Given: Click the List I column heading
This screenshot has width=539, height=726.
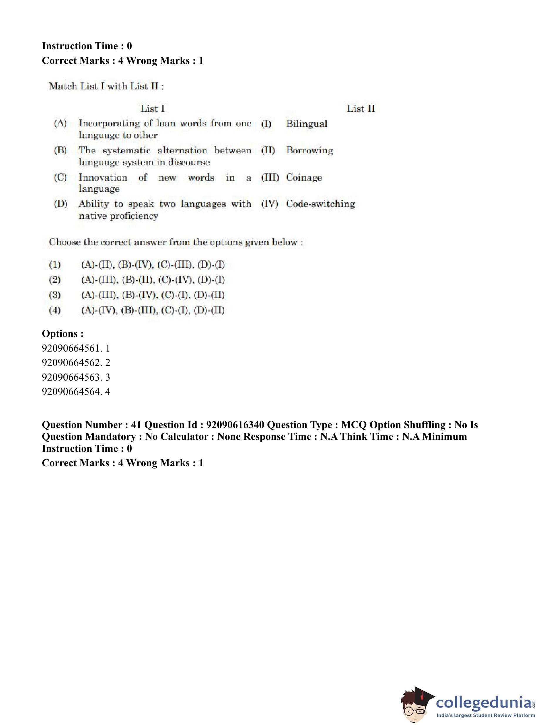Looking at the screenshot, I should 152,108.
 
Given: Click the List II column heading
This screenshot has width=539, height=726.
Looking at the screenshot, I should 361,108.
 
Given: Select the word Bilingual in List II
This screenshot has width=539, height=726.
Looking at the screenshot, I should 306,124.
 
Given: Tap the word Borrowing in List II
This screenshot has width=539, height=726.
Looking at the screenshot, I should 309,150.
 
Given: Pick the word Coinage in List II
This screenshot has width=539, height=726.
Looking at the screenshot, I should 304,178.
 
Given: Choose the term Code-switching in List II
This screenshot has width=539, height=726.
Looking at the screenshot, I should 320,204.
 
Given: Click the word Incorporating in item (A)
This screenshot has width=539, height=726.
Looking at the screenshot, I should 109,124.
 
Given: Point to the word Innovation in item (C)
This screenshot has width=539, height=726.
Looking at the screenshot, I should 103,178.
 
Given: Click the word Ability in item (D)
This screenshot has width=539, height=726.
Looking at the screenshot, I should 94,204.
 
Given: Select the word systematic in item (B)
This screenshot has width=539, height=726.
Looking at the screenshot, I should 126,150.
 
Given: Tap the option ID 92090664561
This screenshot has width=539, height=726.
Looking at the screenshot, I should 71,348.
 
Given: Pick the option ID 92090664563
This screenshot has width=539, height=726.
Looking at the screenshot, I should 71,377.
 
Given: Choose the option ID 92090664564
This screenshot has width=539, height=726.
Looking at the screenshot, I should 71,391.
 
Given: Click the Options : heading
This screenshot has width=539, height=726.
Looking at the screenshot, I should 63,334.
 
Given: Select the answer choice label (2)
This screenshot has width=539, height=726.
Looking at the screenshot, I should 55,280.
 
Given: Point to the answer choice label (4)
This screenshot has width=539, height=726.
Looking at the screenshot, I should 55,310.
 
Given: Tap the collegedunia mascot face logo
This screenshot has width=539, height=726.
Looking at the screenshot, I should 417,705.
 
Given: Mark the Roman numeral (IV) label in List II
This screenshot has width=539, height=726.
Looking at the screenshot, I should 269,204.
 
